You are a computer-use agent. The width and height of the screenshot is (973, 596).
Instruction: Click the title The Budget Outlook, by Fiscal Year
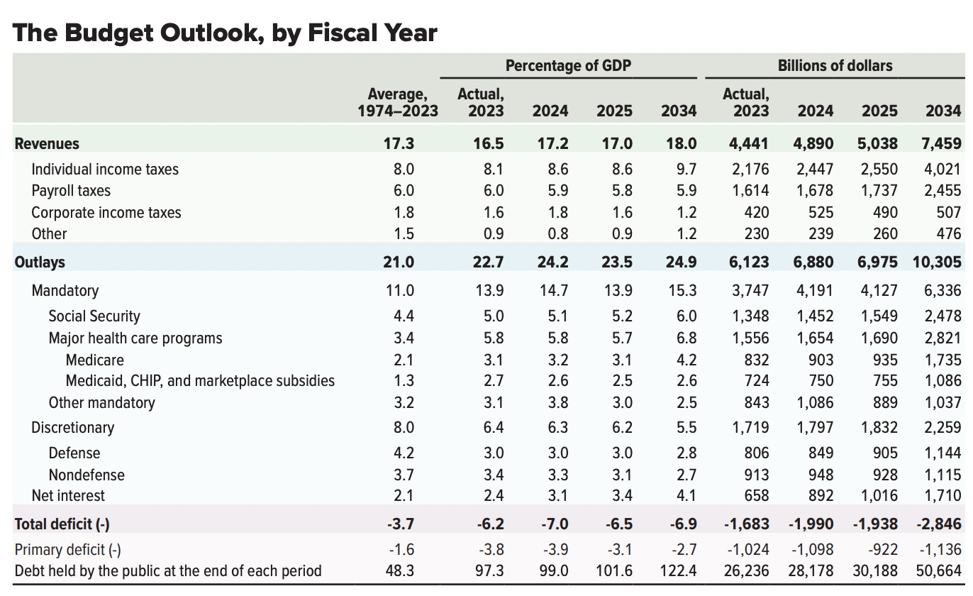point(225,32)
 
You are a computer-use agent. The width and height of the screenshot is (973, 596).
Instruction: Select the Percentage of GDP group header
point(568,66)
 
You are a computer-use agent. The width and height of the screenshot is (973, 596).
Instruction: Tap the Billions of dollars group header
point(835,66)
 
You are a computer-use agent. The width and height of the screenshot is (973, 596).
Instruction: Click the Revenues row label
point(47,143)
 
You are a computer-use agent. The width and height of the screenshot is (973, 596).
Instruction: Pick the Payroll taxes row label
point(71,191)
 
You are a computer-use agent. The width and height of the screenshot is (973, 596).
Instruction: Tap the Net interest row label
point(68,495)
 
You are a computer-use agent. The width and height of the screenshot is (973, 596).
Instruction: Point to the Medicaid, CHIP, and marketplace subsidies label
point(200,381)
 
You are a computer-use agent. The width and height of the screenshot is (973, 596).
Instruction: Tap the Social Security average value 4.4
point(404,316)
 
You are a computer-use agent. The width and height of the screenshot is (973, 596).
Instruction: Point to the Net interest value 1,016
point(879,495)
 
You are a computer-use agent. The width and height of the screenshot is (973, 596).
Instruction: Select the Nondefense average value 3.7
point(404,475)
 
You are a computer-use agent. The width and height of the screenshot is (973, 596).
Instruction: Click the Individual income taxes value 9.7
point(686,169)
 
